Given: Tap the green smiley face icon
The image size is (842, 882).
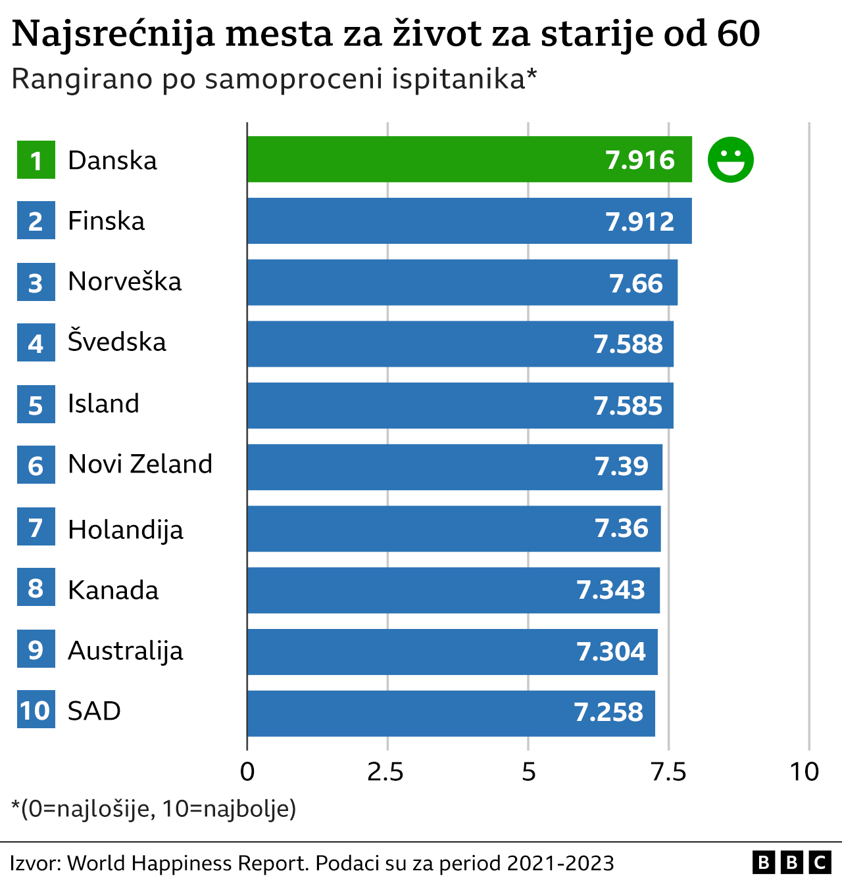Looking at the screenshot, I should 730,160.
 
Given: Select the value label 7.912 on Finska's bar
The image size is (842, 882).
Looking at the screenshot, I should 640,221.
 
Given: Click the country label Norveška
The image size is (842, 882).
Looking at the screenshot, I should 125,282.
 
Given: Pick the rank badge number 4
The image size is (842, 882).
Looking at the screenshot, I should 36,344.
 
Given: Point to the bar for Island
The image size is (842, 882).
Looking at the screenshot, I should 460,406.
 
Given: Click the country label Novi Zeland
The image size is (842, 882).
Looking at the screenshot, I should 140,465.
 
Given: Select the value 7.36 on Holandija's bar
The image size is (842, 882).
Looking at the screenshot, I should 622,528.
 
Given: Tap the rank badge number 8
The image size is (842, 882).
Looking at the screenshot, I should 36,589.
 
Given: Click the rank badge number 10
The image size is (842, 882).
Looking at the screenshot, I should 36,710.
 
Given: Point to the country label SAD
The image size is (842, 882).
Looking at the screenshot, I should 94,711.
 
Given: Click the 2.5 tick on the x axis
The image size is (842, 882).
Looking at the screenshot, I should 386,772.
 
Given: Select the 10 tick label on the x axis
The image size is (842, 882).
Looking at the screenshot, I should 805,772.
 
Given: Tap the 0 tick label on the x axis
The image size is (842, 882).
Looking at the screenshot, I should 247,772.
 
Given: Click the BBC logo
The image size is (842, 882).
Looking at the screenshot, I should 791,862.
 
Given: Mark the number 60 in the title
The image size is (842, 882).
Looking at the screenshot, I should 738,34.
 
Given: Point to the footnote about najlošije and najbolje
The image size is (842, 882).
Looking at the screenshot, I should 154,808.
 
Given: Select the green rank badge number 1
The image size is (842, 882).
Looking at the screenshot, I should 36,160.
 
